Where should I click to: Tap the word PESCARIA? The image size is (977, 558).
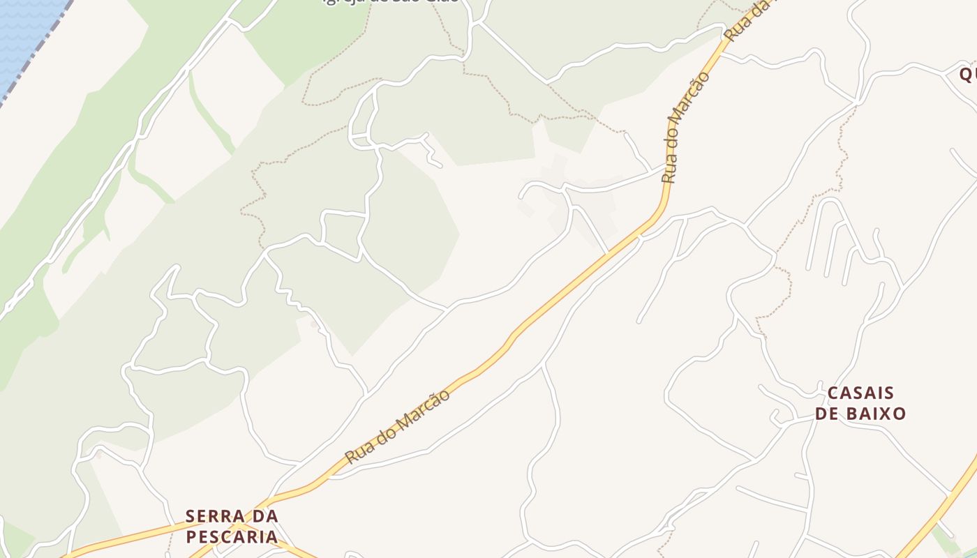232,537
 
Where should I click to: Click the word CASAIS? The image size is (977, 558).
860,393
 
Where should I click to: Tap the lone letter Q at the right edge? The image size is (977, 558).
967,74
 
